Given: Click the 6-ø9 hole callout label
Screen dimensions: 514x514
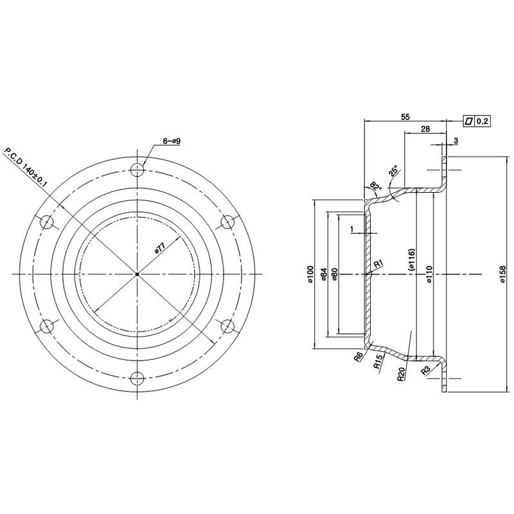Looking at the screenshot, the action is pyautogui.click(x=172, y=141).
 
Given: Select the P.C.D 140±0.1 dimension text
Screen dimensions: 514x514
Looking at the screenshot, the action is pyautogui.click(x=25, y=168).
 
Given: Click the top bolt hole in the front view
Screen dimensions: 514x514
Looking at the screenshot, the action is pyautogui.click(x=137, y=170).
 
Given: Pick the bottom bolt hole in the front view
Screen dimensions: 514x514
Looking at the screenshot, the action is pyautogui.click(x=137, y=378).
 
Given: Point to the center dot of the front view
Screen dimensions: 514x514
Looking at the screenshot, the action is pyautogui.click(x=137, y=274).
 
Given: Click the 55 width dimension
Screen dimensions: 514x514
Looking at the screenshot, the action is pyautogui.click(x=405, y=117).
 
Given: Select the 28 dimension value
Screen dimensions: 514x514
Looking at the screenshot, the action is pyautogui.click(x=425, y=129).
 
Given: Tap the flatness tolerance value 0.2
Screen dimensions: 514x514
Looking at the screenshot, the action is pyautogui.click(x=483, y=121).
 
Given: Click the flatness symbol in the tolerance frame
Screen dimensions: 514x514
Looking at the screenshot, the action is pyautogui.click(x=469, y=121).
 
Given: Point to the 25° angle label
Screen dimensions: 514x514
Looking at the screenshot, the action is pyautogui.click(x=393, y=171).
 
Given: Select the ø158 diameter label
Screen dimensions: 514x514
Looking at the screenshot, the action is pyautogui.click(x=503, y=274).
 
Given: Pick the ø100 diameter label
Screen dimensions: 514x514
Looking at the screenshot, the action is pyautogui.click(x=311, y=274).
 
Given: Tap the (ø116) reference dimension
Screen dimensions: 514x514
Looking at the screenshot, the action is pyautogui.click(x=411, y=260).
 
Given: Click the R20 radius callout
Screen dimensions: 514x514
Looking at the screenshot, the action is pyautogui.click(x=402, y=374).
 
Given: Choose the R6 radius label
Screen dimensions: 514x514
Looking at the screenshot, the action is pyautogui.click(x=359, y=357).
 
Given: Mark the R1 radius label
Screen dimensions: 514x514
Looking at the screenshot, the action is pyautogui.click(x=378, y=263).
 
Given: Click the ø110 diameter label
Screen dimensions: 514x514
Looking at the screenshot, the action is pyautogui.click(x=429, y=274).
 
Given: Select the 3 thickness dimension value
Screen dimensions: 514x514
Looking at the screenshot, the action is pyautogui.click(x=456, y=141).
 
